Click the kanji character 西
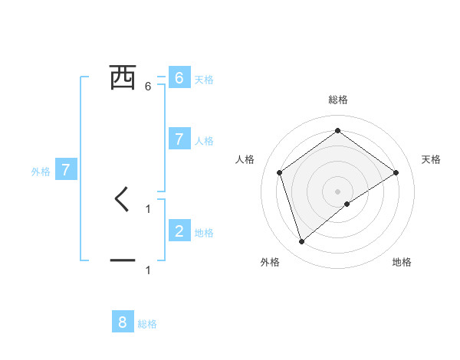[123, 77]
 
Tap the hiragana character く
[122, 200]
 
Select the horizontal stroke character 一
[123, 261]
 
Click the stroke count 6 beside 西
[148, 87]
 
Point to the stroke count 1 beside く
[148, 208]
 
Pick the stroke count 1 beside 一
[148, 270]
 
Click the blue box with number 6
[179, 78]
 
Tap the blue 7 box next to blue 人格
[179, 139]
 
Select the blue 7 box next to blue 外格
[66, 170]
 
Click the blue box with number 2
[179, 231]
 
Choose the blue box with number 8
[123, 322]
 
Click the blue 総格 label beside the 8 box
[147, 324]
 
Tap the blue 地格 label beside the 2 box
[204, 233]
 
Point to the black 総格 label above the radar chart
[338, 100]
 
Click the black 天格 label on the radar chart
[432, 159]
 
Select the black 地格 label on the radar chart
[402, 262]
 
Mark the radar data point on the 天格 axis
[396, 172]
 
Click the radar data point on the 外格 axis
[302, 242]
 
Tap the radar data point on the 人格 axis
[280, 172]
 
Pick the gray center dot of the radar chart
[338, 191]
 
